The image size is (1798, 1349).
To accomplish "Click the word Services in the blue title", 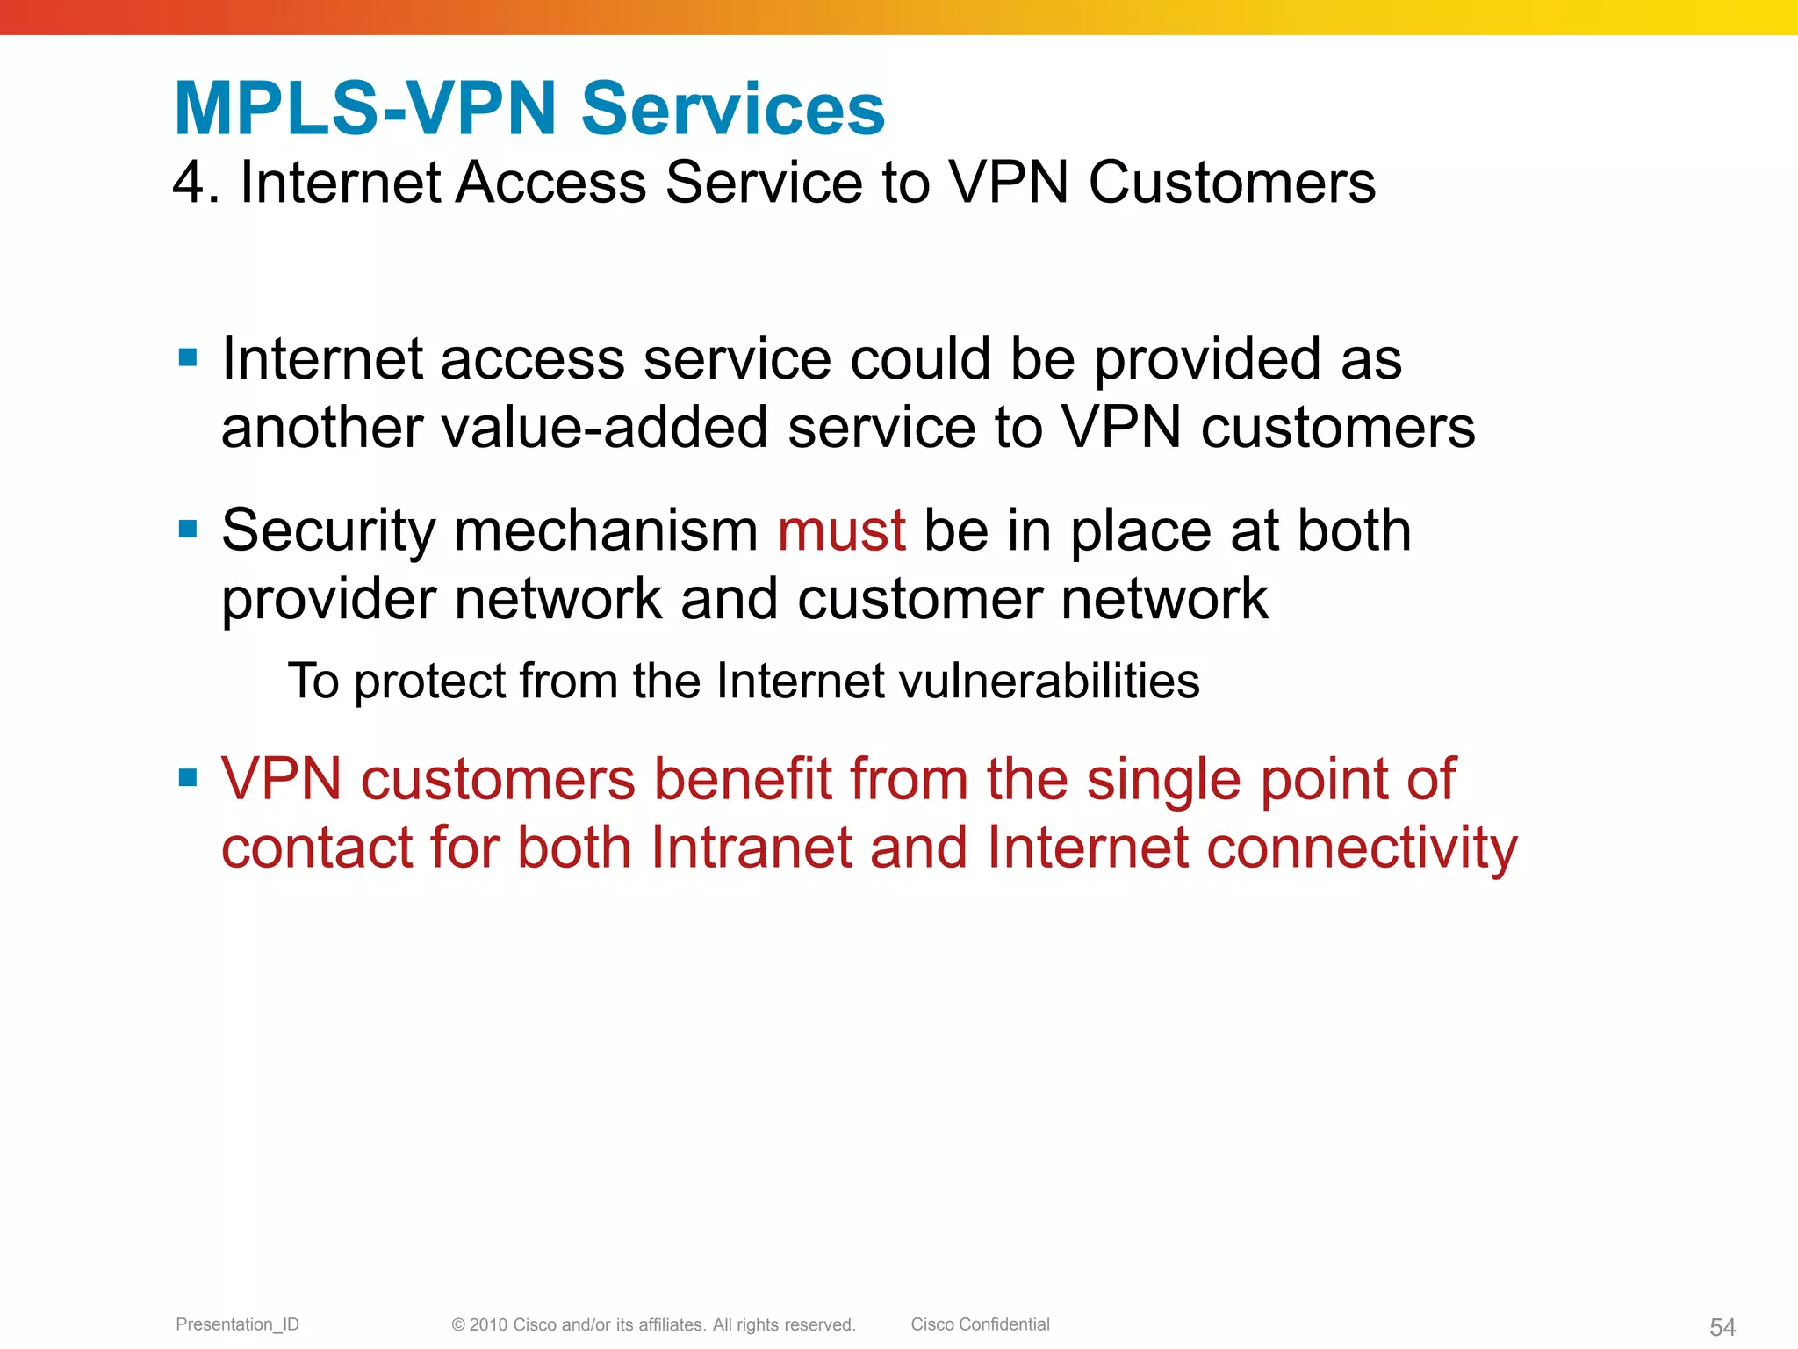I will tap(733, 109).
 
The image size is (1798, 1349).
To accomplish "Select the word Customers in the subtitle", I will tap(1232, 183).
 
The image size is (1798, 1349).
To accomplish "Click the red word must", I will tap(841, 530).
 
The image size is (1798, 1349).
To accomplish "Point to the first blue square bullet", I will tap(187, 357).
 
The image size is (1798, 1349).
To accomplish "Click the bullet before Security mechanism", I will tap(187, 529).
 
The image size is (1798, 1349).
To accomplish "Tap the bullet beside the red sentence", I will tap(187, 777).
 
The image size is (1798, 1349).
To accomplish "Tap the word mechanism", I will tap(606, 530).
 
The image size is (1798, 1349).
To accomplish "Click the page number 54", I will tap(1722, 1327).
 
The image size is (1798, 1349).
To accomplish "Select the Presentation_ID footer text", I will tap(237, 1324).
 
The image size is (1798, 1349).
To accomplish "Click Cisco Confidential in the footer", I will tap(980, 1324).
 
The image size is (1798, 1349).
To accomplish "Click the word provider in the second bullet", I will tap(328, 600).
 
